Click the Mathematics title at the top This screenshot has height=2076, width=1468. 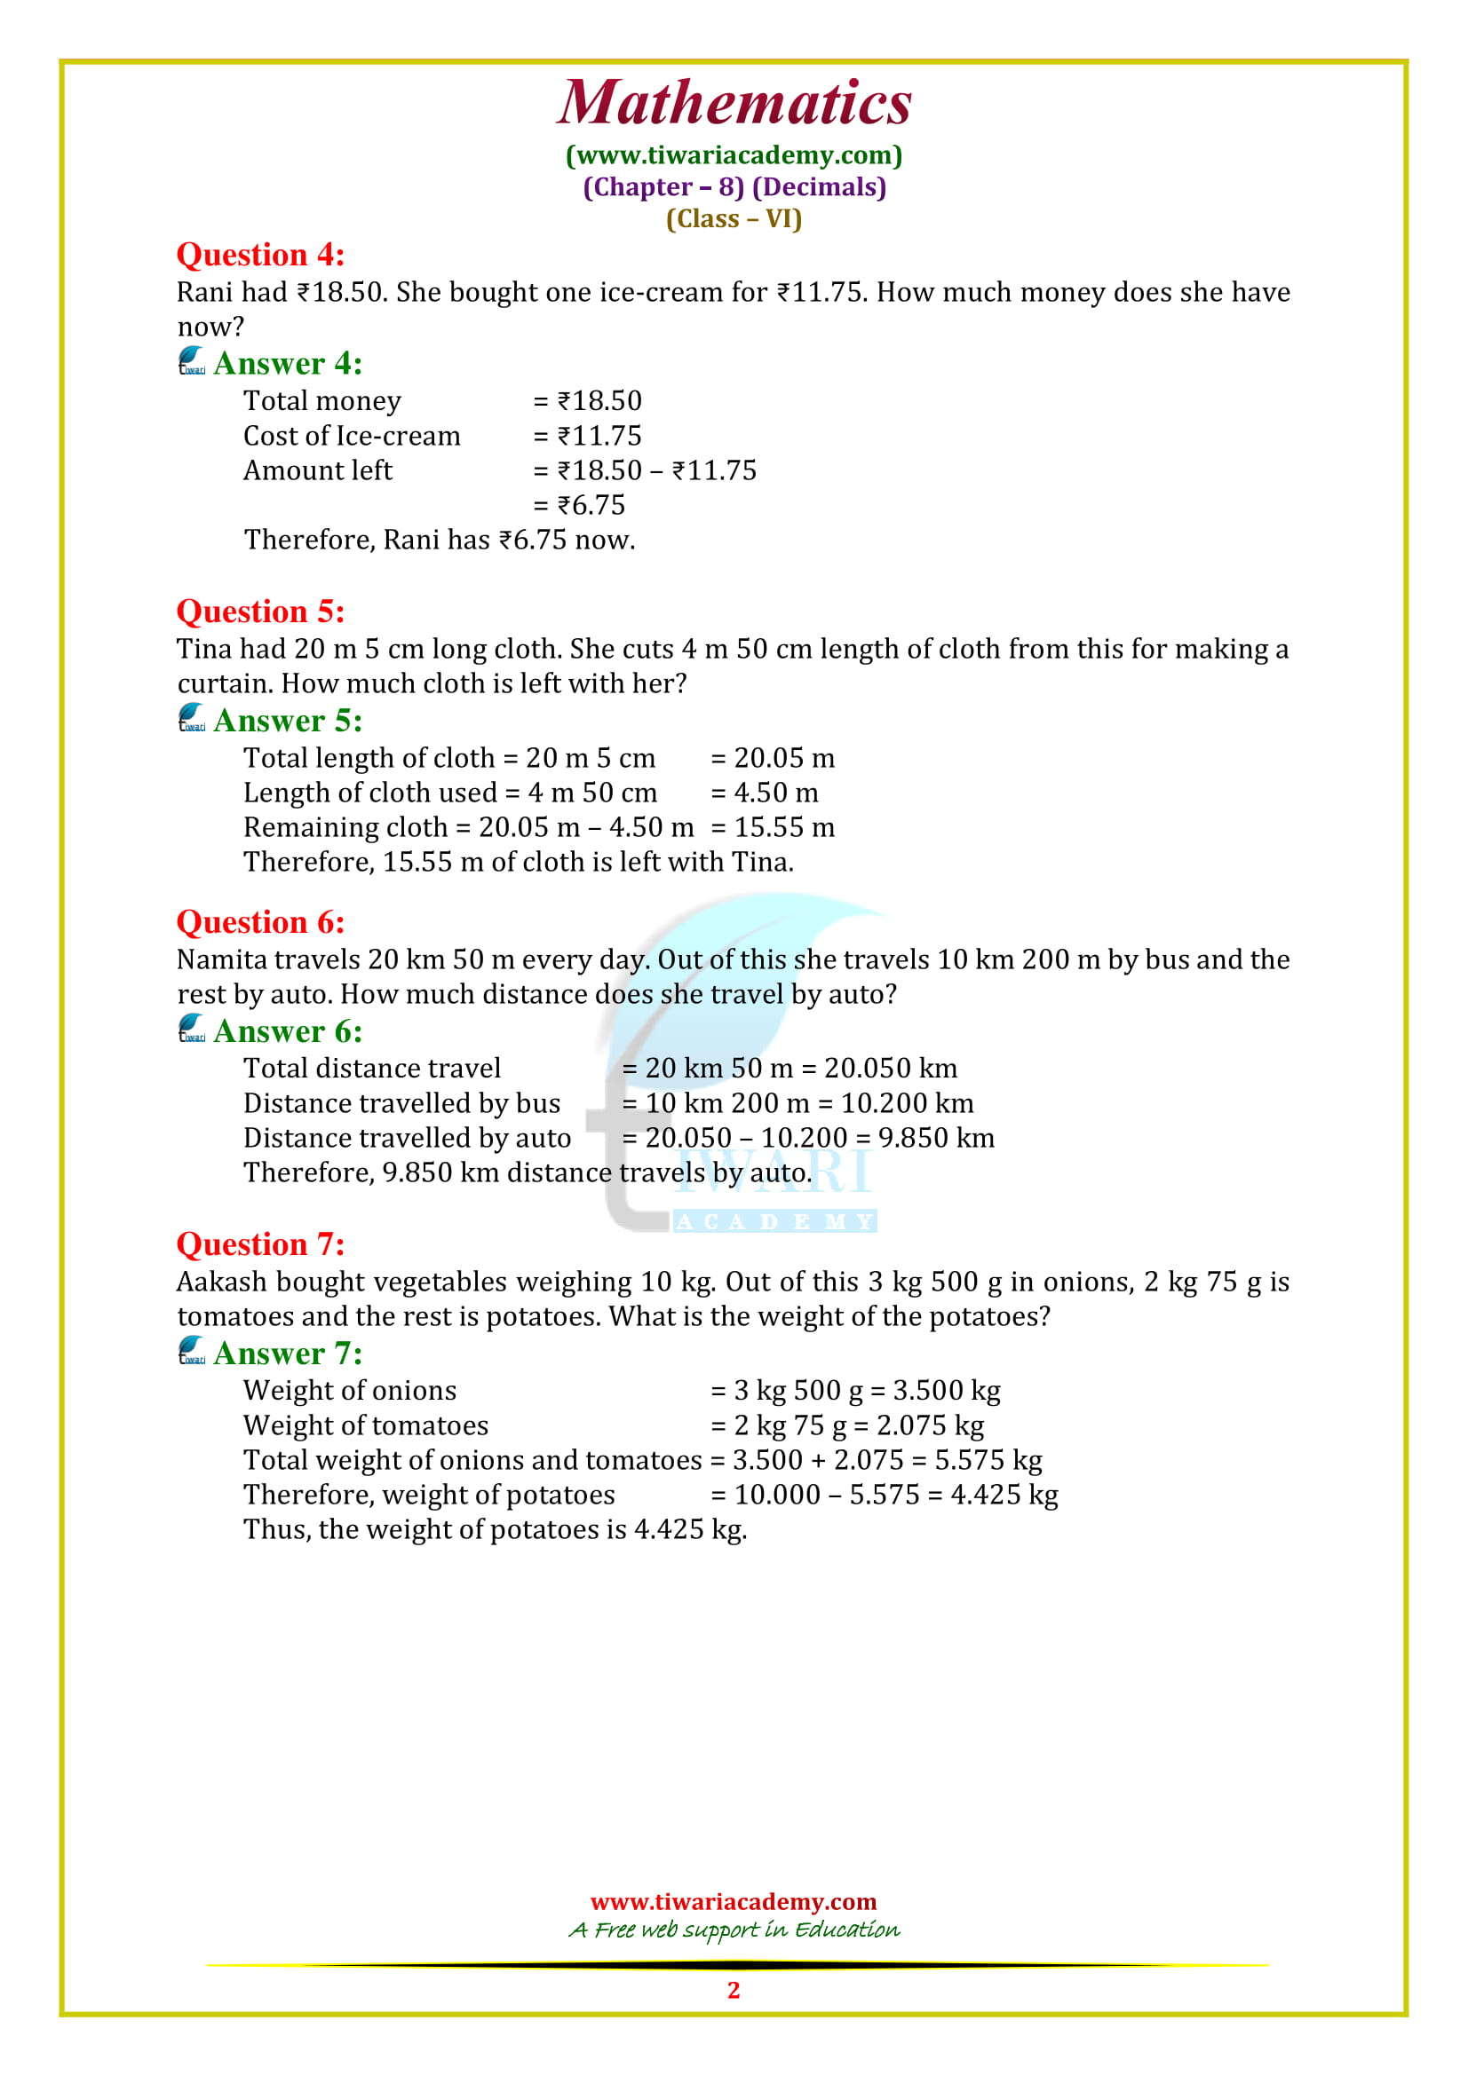[734, 102]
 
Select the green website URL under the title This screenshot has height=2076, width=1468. [734, 155]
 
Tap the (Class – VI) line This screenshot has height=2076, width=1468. [734, 219]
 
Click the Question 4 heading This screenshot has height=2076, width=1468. [260, 255]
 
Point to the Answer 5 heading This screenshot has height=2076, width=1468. [288, 721]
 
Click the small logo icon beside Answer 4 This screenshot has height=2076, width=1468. [192, 361]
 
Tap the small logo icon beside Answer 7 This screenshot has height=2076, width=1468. [192, 1352]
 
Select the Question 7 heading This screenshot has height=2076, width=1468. [260, 1244]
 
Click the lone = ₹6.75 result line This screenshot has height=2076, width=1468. [580, 504]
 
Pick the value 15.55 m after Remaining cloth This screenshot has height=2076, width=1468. [783, 827]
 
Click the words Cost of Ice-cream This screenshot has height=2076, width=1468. [352, 436]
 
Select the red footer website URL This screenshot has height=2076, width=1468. [734, 1900]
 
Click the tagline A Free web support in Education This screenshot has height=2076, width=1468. [734, 1930]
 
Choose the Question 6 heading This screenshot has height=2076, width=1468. [260, 922]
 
